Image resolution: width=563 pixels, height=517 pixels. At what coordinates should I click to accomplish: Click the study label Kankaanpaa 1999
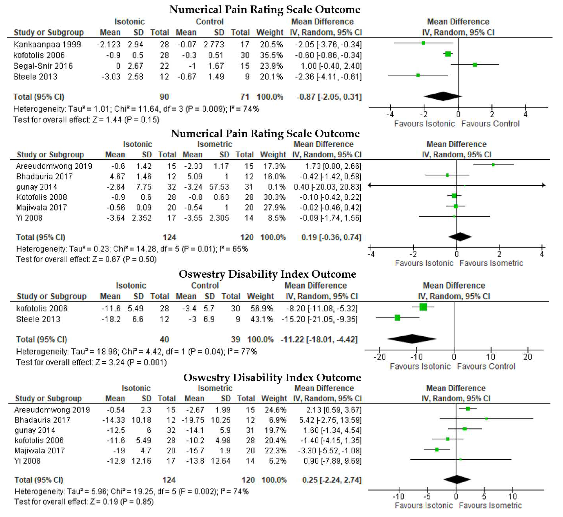[x=47, y=44]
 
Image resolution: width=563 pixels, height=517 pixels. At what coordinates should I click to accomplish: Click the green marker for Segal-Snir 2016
[x=475, y=65]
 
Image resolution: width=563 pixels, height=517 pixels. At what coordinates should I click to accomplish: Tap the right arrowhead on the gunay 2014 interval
[x=543, y=185]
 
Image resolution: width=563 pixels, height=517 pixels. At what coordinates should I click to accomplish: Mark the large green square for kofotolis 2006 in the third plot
[x=423, y=307]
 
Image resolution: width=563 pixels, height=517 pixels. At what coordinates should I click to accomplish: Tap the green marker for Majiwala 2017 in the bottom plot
[x=437, y=450]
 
